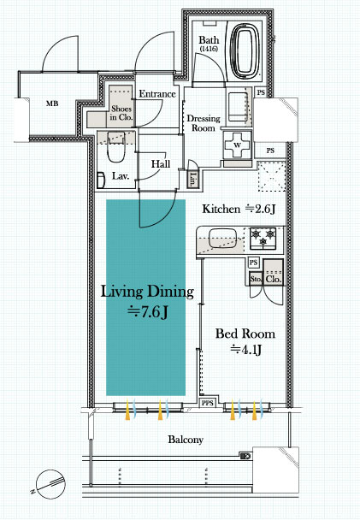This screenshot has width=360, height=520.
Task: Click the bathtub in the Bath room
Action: (x=245, y=51)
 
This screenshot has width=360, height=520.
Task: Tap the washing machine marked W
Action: (x=238, y=145)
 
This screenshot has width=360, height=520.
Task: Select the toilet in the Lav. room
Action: (x=115, y=147)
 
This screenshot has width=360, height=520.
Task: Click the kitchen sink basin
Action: (x=222, y=239)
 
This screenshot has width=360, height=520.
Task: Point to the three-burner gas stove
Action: (x=263, y=238)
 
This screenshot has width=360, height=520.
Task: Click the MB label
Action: (x=52, y=103)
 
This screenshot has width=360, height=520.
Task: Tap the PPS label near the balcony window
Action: (x=208, y=404)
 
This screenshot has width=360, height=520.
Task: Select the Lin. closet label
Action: (x=192, y=179)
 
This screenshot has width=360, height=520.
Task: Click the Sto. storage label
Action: (x=256, y=279)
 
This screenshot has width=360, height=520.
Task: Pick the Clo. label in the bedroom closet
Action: (x=274, y=279)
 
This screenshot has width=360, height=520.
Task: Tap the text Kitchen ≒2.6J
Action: (x=239, y=209)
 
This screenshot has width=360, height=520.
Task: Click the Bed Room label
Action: (x=245, y=334)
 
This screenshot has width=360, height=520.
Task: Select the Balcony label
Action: (x=186, y=440)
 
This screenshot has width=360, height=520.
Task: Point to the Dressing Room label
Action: (x=204, y=123)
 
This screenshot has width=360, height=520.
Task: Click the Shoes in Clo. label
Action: (x=121, y=113)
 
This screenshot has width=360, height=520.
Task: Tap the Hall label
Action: (x=161, y=164)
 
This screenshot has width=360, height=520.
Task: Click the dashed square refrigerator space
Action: (x=272, y=176)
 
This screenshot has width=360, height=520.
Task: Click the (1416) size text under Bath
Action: (x=209, y=49)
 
